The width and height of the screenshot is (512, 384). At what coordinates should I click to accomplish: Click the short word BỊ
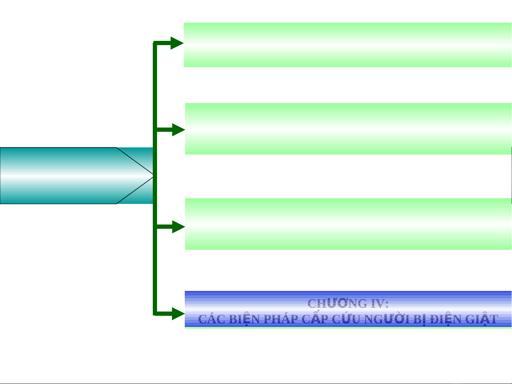point(419,319)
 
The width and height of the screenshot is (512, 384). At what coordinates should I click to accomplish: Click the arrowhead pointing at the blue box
point(178,313)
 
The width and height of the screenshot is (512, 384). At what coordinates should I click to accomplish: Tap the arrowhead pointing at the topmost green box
point(177,43)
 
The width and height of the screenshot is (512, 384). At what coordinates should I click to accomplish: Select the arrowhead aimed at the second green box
point(178,130)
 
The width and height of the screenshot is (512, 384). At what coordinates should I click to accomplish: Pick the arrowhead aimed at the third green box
point(178,227)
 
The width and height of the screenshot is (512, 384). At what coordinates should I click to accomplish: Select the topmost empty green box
point(347,45)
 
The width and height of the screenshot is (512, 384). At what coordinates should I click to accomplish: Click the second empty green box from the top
point(348,129)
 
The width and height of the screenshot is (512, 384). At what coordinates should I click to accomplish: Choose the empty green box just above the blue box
point(348,224)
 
